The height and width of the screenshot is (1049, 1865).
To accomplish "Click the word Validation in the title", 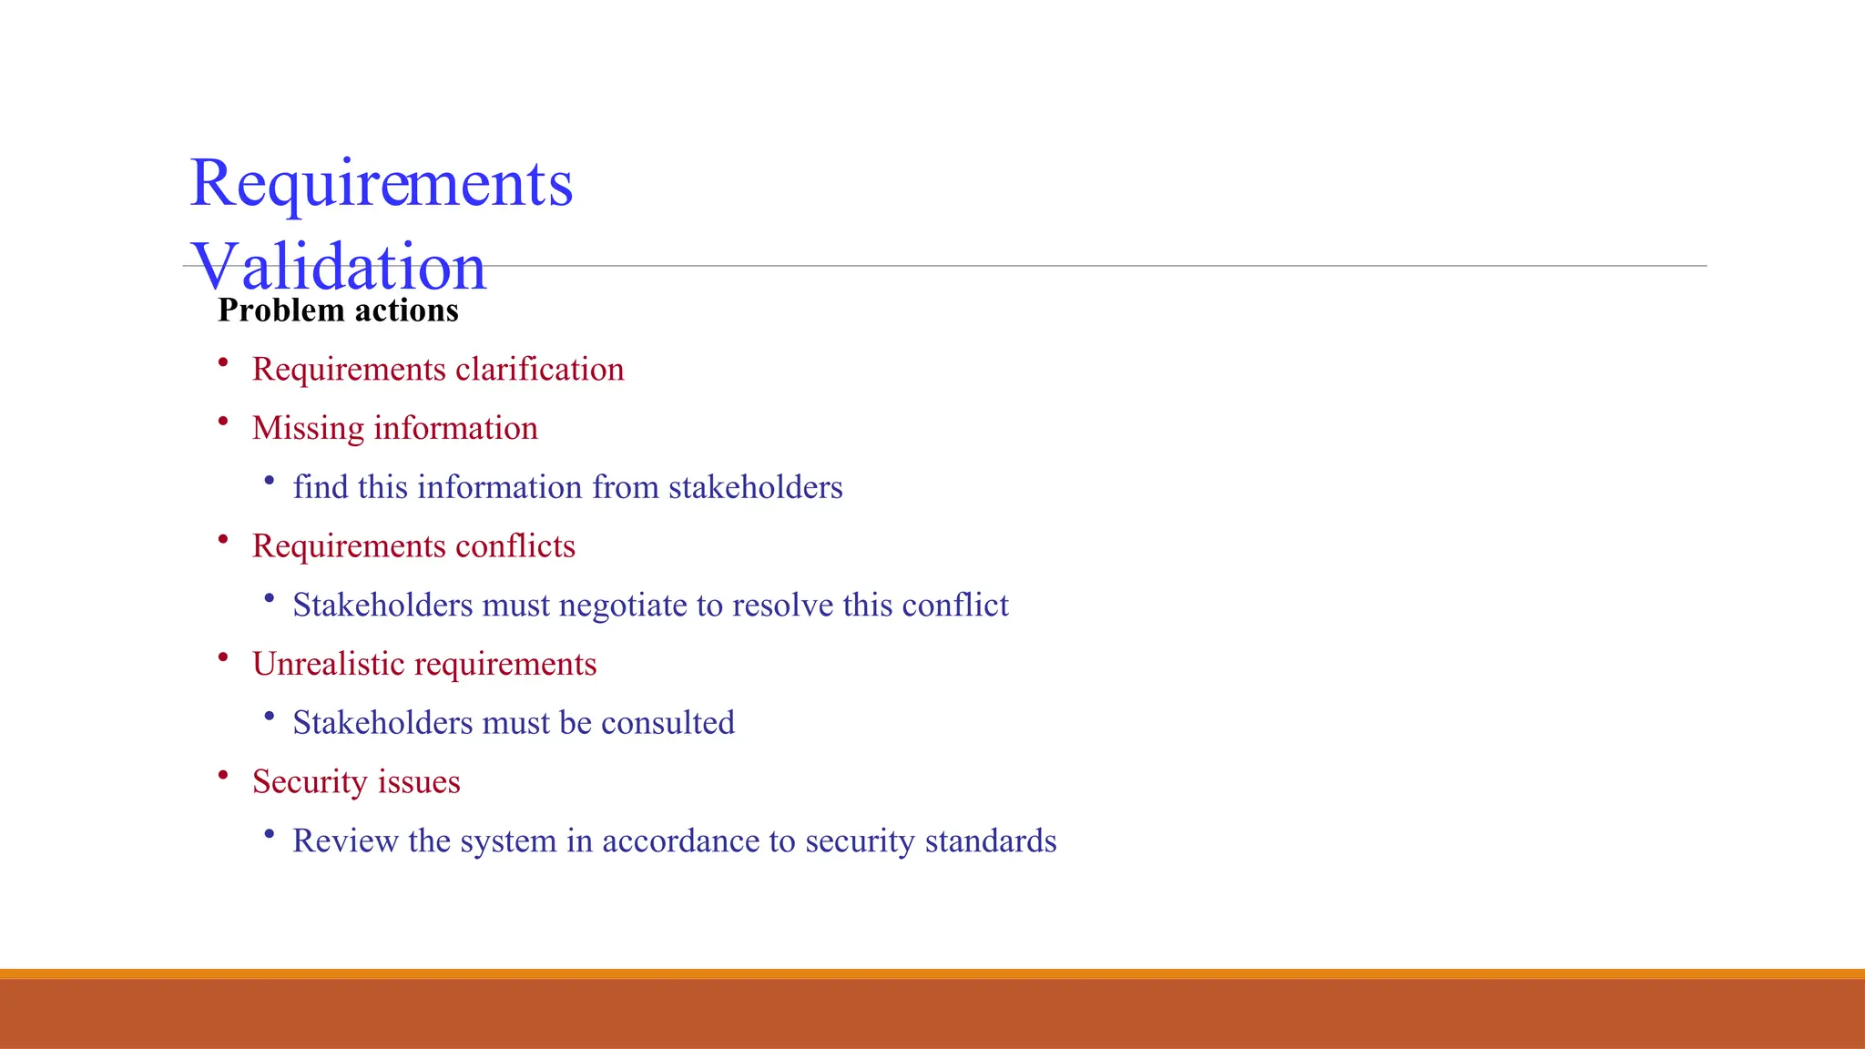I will pyautogui.click(x=339, y=267).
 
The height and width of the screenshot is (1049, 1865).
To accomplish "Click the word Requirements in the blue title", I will pyautogui.click(x=381, y=183).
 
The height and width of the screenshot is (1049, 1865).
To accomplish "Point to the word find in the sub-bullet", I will pyautogui.click(x=320, y=487).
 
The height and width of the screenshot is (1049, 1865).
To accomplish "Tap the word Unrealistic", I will pyautogui.click(x=328, y=664).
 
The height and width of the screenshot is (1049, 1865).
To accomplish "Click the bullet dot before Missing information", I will pyautogui.click(x=223, y=422).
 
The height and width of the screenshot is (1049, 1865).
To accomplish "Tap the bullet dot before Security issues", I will pyautogui.click(x=223, y=775).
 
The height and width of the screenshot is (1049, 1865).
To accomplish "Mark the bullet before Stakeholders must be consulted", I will pyautogui.click(x=269, y=717).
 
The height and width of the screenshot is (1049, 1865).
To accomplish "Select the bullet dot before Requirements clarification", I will pyautogui.click(x=223, y=362).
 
